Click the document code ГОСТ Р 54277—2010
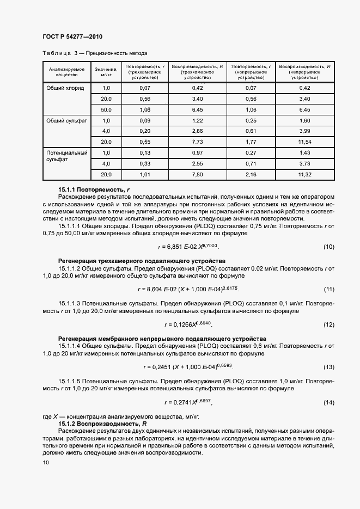(x=73, y=36)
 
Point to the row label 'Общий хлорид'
(x=65, y=88)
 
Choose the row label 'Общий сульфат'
(x=66, y=120)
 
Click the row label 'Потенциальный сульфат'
(x=66, y=157)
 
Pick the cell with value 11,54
(x=305, y=142)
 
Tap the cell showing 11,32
(x=305, y=174)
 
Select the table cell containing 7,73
(x=197, y=142)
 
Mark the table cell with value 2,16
(x=251, y=174)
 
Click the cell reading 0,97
(x=197, y=153)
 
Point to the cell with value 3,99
(x=305, y=131)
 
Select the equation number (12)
(x=328, y=325)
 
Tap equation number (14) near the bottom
(x=328, y=402)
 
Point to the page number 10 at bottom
(x=46, y=462)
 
